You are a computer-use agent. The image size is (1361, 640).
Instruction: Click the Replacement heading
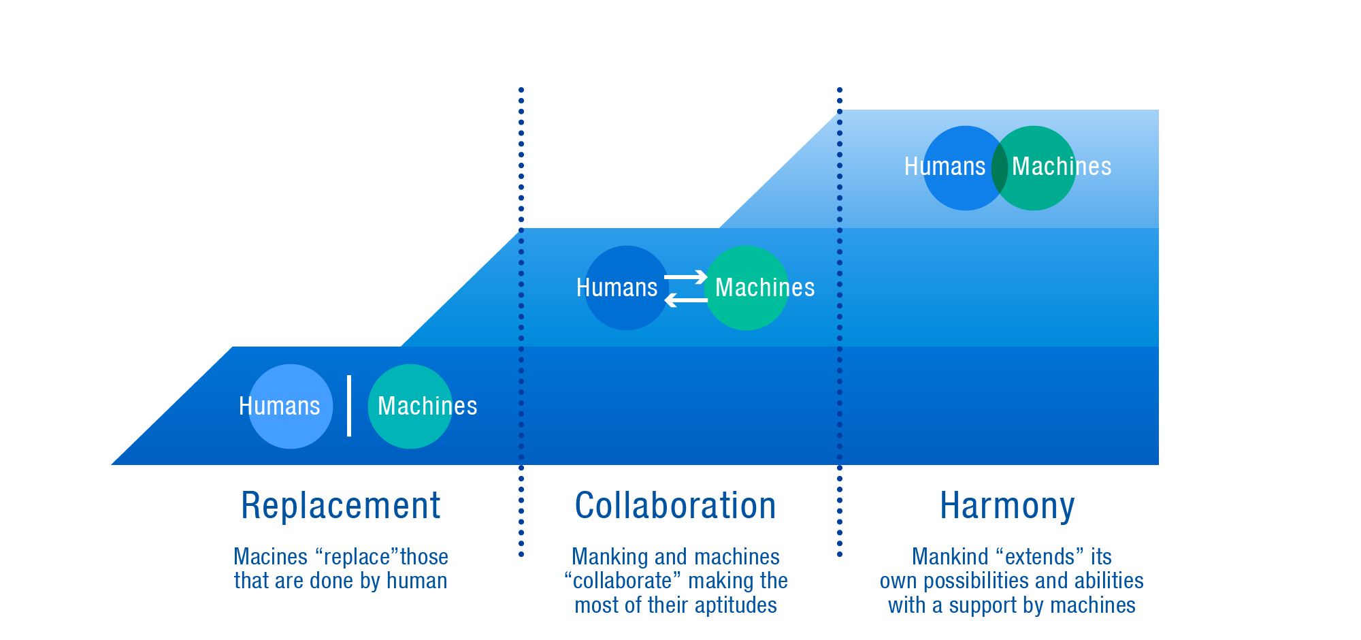pyautogui.click(x=341, y=506)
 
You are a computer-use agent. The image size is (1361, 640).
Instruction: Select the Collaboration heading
pyautogui.click(x=676, y=506)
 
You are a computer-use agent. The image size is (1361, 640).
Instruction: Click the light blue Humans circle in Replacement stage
pyautogui.click(x=291, y=406)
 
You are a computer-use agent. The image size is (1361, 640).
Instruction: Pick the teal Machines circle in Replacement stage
pyautogui.click(x=410, y=406)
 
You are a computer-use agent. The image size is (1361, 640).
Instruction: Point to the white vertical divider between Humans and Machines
pyautogui.click(x=349, y=406)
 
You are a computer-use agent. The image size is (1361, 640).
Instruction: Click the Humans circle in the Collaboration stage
pyautogui.click(x=627, y=288)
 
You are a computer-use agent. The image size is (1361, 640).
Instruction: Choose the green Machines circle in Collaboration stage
pyautogui.click(x=747, y=288)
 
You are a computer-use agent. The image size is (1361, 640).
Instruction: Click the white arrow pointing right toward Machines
pyautogui.click(x=686, y=276)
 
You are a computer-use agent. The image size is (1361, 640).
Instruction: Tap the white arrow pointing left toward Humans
pyautogui.click(x=686, y=300)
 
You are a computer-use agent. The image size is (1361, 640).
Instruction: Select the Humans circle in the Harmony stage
pyautogui.click(x=966, y=168)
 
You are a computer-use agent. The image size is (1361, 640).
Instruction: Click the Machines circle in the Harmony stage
pyautogui.click(x=1034, y=168)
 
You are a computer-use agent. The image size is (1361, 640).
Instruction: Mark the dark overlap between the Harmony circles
pyautogui.click(x=1000, y=168)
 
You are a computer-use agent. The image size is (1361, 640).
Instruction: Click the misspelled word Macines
pyautogui.click(x=271, y=557)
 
